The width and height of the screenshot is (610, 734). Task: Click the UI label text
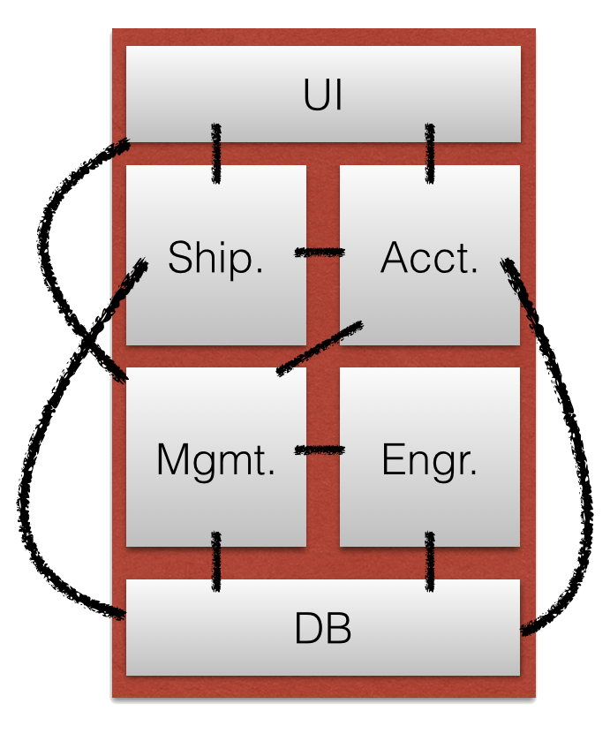[x=323, y=95]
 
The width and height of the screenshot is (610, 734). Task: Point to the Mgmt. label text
[x=215, y=460]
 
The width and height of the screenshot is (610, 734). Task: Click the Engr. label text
[x=430, y=460]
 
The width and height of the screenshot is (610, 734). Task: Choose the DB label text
[x=323, y=630]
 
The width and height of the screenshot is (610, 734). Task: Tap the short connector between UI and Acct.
[x=430, y=153]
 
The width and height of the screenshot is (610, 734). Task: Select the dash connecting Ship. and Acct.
[x=319, y=253]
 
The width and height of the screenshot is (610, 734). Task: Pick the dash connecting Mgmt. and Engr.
[x=319, y=450]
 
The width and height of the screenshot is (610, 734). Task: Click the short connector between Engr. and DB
[x=430, y=562]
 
